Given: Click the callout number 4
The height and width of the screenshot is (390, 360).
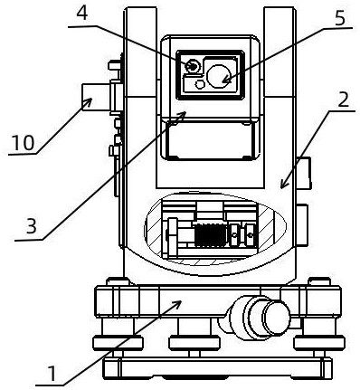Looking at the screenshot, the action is [x=81, y=14].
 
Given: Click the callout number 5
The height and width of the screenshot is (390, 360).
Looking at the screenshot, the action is [x=339, y=18].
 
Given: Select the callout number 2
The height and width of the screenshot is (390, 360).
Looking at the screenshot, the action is [x=343, y=100].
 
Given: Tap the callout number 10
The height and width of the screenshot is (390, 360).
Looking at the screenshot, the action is [x=23, y=143].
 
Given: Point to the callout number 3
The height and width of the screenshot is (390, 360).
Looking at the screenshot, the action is [x=32, y=226].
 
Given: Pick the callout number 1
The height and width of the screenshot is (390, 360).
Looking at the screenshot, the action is [x=52, y=374].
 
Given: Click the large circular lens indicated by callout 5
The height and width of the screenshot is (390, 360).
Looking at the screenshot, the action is [x=219, y=76].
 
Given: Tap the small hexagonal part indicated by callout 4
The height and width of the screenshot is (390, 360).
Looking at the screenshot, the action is [x=193, y=66].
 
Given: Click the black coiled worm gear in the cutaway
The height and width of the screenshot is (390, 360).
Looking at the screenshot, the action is [x=210, y=236].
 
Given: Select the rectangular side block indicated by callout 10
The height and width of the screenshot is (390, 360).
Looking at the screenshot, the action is [x=97, y=97].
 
